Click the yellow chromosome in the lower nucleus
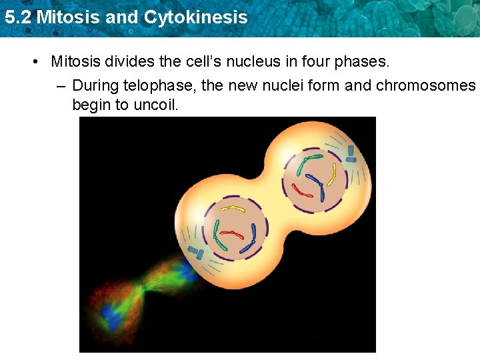pos(233,209)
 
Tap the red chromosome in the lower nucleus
pos(233,235)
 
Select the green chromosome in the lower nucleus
pos(217,231)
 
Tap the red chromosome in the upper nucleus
pos(303,193)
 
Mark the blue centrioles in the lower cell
pos(196,253)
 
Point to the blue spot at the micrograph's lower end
pos(111,315)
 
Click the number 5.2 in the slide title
pos(17,17)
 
